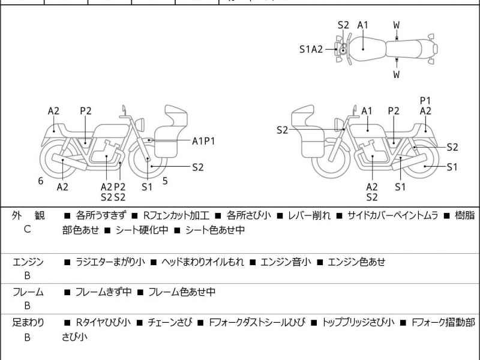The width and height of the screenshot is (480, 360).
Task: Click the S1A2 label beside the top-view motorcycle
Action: pos(311,49)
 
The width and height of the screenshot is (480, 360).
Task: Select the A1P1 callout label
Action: pos(203,140)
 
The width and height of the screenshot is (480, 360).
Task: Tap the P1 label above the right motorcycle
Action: pos(425,100)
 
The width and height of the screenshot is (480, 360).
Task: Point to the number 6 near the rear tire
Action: pos(41,181)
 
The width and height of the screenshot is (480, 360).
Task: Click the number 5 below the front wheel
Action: pos(164,181)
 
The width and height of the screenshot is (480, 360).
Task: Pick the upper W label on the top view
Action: pos(397,25)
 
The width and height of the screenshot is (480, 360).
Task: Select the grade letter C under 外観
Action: pos(28,229)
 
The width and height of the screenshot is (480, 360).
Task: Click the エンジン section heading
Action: pos(28,262)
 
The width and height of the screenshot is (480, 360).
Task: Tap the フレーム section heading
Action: pos(28,292)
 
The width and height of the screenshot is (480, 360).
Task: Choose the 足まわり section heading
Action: pos(28,323)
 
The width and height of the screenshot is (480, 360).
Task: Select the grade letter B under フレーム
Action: pos(28,305)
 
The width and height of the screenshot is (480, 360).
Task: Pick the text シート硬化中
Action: pos(146,229)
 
